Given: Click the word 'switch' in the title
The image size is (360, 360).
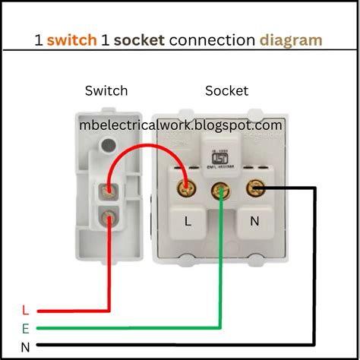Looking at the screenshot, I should point(71,39).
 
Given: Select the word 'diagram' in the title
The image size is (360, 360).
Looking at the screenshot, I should point(290,39).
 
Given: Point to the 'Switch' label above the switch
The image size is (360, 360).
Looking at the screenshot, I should point(106,91).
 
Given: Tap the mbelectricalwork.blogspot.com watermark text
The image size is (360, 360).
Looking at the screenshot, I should point(182,124).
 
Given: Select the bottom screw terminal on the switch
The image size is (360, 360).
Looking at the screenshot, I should point(110,218).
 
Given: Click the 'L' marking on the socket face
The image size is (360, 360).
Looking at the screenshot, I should point(187,222).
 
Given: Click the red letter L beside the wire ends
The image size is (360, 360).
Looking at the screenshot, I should point(25,310).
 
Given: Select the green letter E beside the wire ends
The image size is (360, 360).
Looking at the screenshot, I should point(25,329).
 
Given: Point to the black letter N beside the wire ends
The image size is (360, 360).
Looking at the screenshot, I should point(25,347).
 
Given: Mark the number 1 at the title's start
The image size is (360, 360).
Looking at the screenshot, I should point(38,39).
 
